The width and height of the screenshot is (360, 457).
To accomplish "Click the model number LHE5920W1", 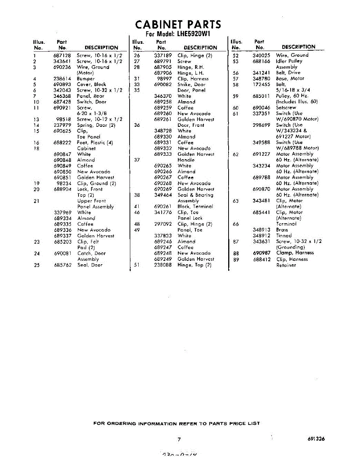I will pyautogui.click(x=194, y=34).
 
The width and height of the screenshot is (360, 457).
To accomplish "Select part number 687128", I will pyautogui.click(x=62, y=56).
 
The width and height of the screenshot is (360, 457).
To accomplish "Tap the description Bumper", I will pyautogui.click(x=86, y=79).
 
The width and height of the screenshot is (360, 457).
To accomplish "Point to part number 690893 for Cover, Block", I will pyautogui.click(x=62, y=85).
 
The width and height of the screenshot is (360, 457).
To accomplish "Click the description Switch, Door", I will pyautogui.click(x=91, y=102).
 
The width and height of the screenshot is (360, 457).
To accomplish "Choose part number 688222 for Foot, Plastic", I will pyautogui.click(x=62, y=143).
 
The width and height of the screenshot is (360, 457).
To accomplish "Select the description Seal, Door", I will pyautogui.click(x=90, y=265).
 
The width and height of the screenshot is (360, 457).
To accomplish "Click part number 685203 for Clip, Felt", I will pyautogui.click(x=62, y=242).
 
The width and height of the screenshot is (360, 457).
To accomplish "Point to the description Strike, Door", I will pyautogui.click(x=191, y=85).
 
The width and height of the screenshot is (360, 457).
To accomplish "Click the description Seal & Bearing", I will pyautogui.click(x=195, y=195).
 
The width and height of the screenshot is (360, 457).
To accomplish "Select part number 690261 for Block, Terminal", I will pyautogui.click(x=163, y=206).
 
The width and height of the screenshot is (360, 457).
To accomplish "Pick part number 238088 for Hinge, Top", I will pyautogui.click(x=163, y=265).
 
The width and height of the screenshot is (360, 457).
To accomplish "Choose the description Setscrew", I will pyautogui.click(x=286, y=108).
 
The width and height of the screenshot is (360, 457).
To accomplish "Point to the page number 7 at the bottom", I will pyautogui.click(x=179, y=439).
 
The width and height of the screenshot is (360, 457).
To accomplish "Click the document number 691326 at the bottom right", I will pyautogui.click(x=316, y=439).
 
